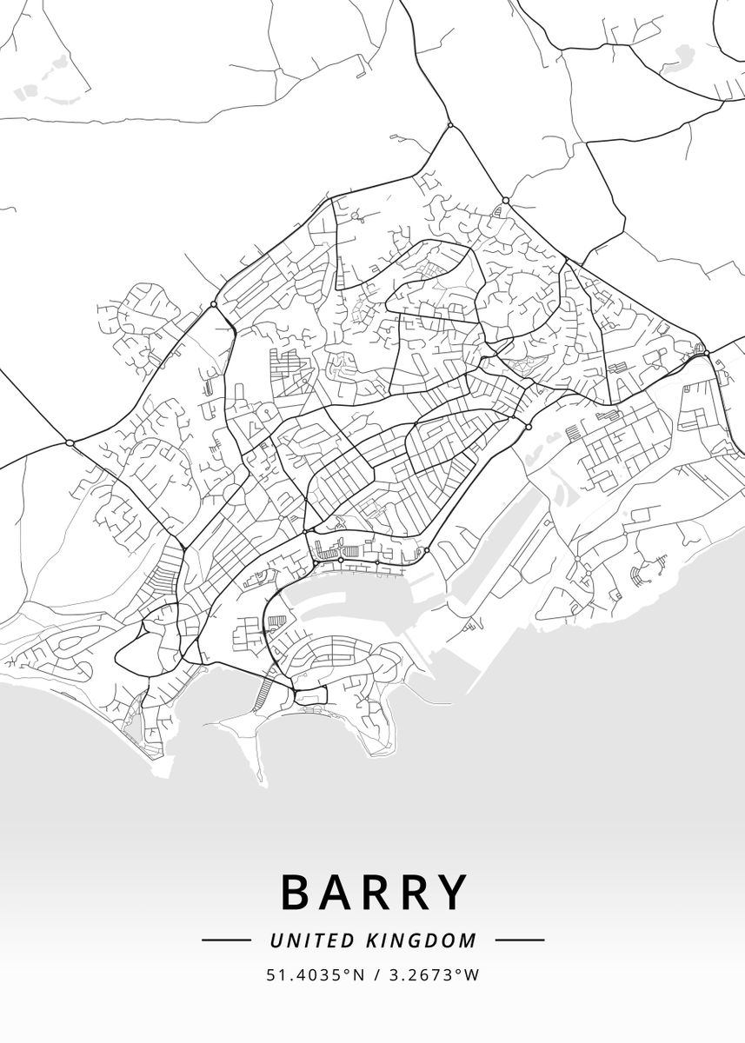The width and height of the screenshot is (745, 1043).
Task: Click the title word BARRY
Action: [x=374, y=892]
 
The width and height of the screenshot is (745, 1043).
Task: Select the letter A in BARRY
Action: [x=335, y=892]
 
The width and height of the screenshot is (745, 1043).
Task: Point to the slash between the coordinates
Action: [x=376, y=975]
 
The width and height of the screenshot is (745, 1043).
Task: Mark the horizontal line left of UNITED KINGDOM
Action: [x=226, y=940]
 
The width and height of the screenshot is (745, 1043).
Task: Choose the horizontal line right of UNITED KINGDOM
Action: [x=520, y=940]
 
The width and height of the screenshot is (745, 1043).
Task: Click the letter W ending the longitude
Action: [x=473, y=975]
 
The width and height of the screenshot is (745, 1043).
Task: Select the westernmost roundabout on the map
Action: [x=70, y=443]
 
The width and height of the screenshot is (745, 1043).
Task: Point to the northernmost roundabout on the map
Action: [x=450, y=126]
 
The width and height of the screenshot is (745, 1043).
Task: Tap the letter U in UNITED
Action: [x=276, y=940]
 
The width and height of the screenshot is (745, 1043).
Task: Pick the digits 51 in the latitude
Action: [x=273, y=975]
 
